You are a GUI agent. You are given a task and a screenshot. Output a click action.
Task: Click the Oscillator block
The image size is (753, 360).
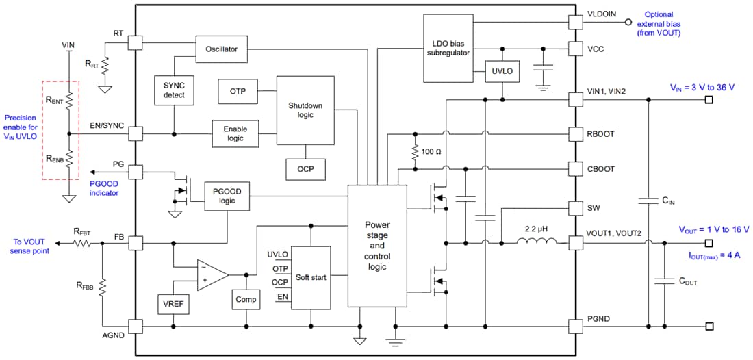pyautogui.click(x=221, y=49)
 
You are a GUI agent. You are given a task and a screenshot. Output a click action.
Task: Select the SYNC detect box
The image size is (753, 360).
pyautogui.click(x=174, y=90)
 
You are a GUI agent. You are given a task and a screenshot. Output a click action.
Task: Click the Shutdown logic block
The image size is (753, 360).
pyautogui.click(x=305, y=110)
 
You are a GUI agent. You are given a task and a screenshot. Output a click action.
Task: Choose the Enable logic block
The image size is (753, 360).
pyautogui.click(x=235, y=133)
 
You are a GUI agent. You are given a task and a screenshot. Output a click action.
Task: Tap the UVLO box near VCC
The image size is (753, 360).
pyautogui.click(x=502, y=70)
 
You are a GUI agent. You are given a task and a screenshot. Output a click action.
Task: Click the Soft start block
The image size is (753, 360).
pyautogui.click(x=311, y=277)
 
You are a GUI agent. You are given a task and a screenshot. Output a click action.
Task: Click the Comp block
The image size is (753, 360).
pyautogui.click(x=246, y=299)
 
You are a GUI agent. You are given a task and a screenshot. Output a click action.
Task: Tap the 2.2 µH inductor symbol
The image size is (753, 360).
pyautogui.click(x=536, y=242)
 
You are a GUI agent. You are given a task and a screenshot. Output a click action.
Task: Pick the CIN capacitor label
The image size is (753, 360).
pyautogui.click(x=668, y=201)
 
